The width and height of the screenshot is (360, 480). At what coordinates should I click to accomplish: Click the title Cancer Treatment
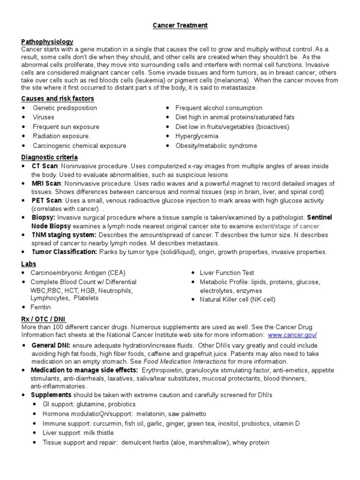pos(180,25)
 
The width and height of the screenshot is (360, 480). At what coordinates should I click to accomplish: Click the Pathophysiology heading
pos(47,42)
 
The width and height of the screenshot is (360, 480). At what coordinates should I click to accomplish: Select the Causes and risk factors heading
pos(58,98)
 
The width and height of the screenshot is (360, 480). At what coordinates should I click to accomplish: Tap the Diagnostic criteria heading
pos(50,157)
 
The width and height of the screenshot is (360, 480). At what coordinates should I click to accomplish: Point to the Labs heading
pos(29,264)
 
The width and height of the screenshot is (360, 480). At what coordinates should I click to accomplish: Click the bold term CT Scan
pos(45,166)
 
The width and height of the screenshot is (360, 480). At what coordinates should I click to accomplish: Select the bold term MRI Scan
pos(47,183)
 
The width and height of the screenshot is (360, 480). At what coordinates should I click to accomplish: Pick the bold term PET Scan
pos(46,201)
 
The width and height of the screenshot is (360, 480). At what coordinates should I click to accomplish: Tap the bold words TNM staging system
pos(64,235)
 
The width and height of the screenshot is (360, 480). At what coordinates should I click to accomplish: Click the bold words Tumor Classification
pos(65,252)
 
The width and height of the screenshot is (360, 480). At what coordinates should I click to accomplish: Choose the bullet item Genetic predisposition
pos(65,108)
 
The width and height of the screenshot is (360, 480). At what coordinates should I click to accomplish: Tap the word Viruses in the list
pos(43,117)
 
